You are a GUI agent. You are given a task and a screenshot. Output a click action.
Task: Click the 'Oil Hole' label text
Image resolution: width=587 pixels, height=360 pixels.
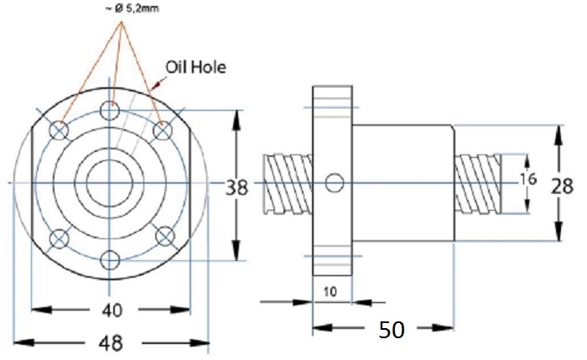(195, 67)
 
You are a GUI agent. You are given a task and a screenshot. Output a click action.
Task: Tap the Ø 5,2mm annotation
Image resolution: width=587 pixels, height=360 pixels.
(132, 8)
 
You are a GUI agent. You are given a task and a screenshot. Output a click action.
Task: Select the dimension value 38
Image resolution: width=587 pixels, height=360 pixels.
(236, 187)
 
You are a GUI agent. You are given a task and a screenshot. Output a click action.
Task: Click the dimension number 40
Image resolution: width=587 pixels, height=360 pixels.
(112, 310)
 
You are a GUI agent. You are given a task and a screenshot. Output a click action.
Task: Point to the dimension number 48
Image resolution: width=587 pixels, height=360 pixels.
(111, 343)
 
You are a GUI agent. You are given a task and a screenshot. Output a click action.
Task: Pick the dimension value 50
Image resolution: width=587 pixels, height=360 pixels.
(392, 330)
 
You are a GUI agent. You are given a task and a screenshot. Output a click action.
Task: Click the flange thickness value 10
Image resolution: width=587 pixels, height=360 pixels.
(330, 291)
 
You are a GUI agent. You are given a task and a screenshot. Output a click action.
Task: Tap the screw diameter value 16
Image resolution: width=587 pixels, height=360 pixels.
(528, 180)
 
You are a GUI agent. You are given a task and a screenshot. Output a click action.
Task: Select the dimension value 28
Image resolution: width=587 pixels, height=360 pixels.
(562, 186)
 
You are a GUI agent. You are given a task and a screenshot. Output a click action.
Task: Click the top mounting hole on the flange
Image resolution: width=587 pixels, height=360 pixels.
(110, 110)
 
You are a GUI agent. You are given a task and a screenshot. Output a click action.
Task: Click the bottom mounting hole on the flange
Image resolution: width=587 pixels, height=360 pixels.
(110, 259)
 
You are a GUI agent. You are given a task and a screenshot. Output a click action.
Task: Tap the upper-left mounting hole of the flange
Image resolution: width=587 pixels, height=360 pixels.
(59, 130)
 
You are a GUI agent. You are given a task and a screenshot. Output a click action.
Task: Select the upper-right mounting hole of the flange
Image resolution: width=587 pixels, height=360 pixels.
(163, 131)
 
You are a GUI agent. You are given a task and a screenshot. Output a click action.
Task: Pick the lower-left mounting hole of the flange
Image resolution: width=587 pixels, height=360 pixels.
(60, 238)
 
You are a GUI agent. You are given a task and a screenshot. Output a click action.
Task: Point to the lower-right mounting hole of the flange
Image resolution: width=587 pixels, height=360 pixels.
(165, 237)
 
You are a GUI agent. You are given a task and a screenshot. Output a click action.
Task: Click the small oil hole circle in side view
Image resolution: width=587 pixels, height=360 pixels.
(335, 183)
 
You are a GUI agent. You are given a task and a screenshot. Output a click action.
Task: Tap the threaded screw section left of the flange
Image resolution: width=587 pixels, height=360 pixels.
(288, 184)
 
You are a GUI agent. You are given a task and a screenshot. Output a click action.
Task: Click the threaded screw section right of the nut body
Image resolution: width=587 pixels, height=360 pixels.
(478, 184)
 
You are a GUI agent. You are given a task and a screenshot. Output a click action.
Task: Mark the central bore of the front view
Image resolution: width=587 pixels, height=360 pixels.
(110, 183)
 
